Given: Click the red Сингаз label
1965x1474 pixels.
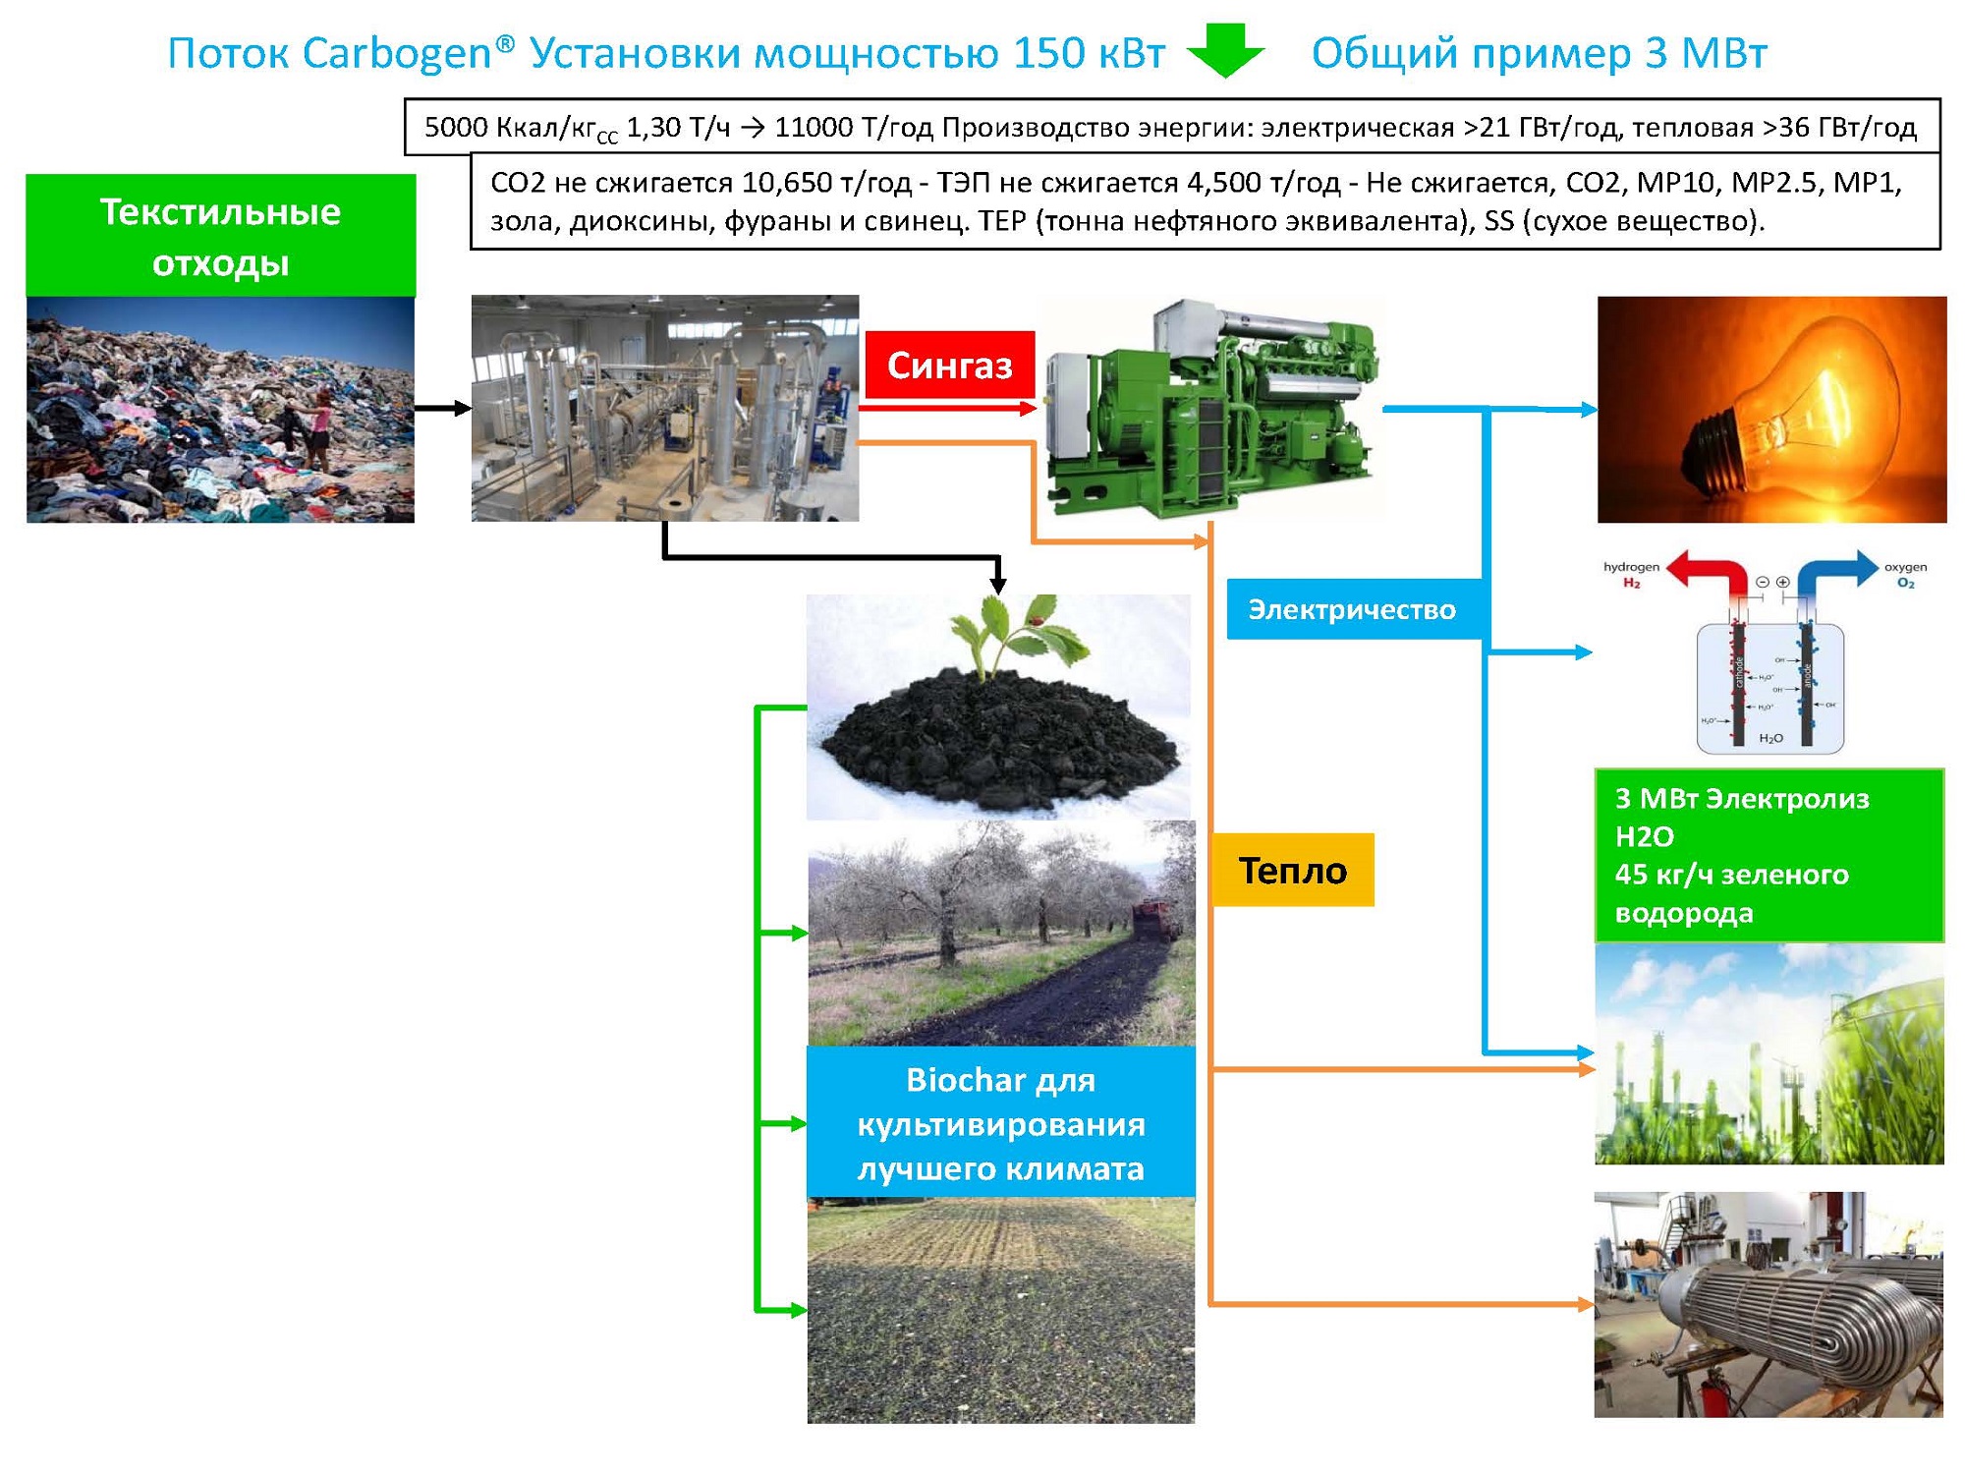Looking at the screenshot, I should click(949, 365).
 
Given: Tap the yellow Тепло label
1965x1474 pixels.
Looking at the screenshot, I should click(1292, 870).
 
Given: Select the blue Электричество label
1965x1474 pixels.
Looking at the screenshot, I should click(1352, 609).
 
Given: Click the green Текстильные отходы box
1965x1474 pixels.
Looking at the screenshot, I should click(220, 236).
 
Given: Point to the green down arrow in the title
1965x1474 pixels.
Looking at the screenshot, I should click(1225, 50).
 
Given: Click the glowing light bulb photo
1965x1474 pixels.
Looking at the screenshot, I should click(1770, 410).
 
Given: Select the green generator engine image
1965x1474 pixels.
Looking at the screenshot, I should click(1214, 409).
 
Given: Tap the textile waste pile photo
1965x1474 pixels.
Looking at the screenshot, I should click(220, 410).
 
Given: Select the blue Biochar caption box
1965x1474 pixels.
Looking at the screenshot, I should click(1000, 1123).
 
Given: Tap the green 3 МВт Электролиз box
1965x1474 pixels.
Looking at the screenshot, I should click(1768, 855).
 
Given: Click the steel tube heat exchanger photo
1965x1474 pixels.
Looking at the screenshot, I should click(1768, 1304).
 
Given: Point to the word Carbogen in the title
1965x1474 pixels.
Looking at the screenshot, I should click(397, 53).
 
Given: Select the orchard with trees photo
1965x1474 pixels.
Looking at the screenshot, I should click(1000, 933).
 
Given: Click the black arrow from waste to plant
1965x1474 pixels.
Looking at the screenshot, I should click(443, 408).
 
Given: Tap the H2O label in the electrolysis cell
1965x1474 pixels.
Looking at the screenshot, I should click(1770, 738).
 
